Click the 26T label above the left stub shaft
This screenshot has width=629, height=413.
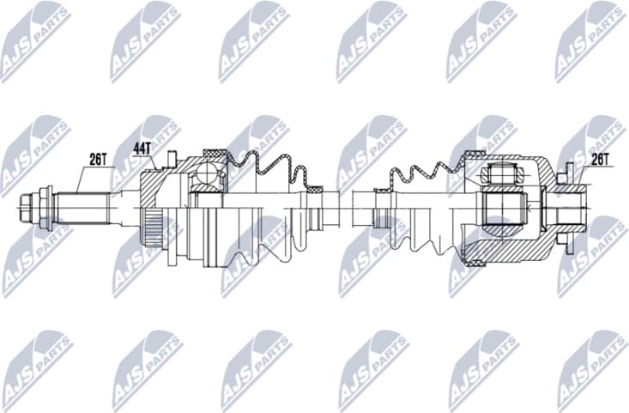click(98, 159)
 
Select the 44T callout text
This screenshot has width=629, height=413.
click(142, 148)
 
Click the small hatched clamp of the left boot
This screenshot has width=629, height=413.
click(315, 188)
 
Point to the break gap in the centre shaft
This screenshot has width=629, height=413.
click(345, 207)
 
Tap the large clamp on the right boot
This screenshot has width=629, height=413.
click(470, 156)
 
